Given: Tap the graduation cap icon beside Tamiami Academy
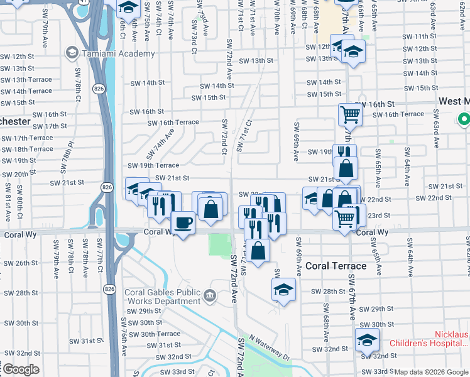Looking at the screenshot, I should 72,53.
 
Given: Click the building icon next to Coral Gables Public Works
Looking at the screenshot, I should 210,295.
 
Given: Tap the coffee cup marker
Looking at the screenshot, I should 183,223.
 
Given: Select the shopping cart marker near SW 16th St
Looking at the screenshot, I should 350,114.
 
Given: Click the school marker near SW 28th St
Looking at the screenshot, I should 283,290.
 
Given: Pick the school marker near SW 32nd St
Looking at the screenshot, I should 367,339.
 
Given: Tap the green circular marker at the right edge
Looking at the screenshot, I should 464,118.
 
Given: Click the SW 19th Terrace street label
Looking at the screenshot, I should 153,165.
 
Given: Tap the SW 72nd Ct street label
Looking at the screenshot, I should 223,134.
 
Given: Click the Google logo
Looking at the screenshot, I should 21,369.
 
